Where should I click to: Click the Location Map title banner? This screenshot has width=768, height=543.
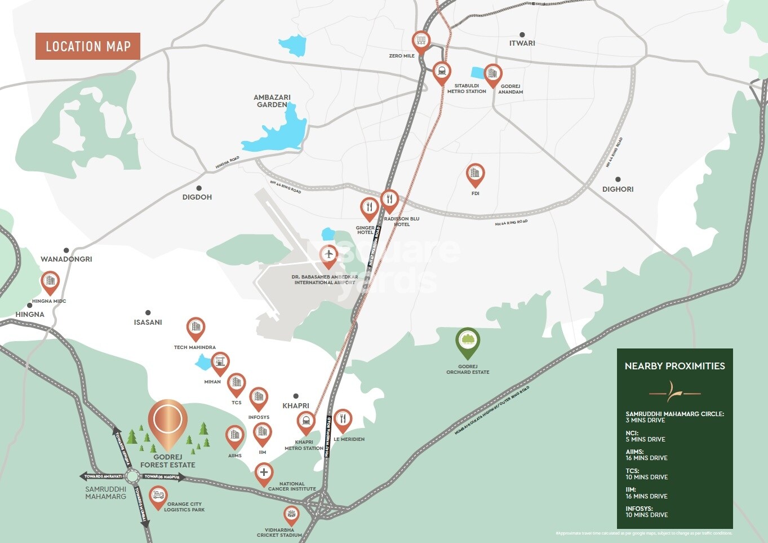pyautogui.click(x=88, y=46)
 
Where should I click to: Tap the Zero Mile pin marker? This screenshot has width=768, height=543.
pyautogui.click(x=420, y=41)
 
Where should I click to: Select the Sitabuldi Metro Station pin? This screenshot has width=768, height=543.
pyautogui.click(x=442, y=72)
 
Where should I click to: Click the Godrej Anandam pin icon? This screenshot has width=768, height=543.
pyautogui.click(x=493, y=74)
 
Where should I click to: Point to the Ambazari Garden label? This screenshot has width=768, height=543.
pyautogui.click(x=272, y=101)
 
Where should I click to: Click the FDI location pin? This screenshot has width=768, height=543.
pyautogui.click(x=475, y=174)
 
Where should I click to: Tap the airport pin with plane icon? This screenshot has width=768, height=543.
pyautogui.click(x=328, y=255)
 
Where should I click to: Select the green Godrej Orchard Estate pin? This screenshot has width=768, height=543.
pyautogui.click(x=468, y=340)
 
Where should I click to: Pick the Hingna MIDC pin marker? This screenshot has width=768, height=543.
pyautogui.click(x=50, y=281)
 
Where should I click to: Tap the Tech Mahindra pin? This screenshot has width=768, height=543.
pyautogui.click(x=196, y=328)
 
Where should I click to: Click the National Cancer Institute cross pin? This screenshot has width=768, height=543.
pyautogui.click(x=264, y=473)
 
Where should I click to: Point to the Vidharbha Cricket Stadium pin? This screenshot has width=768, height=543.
pyautogui.click(x=291, y=514)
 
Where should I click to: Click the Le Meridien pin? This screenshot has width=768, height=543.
pyautogui.click(x=343, y=420)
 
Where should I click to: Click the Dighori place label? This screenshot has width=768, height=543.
pyautogui.click(x=618, y=189)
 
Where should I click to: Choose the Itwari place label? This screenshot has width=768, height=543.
pyautogui.click(x=522, y=43)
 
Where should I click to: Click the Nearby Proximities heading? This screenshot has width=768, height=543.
pyautogui.click(x=674, y=366)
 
